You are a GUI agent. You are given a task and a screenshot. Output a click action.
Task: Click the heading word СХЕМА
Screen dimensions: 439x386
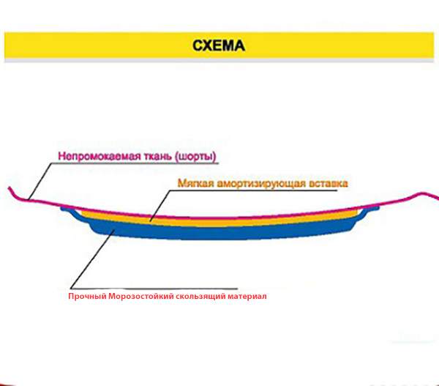click(219, 45)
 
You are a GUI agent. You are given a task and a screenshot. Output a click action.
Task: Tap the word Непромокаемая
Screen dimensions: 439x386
click(100, 156)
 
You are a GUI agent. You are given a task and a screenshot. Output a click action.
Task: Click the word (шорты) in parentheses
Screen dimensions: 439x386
click(195, 157)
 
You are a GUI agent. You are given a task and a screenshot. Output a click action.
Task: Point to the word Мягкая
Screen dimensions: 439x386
click(196, 183)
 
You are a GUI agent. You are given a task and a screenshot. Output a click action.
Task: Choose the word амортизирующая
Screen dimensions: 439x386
click(261, 183)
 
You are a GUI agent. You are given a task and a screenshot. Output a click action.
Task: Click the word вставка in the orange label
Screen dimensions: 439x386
click(328, 183)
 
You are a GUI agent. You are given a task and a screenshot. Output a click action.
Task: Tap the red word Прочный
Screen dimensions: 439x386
click(87, 297)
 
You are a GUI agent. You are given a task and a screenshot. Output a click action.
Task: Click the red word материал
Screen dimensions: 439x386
click(247, 297)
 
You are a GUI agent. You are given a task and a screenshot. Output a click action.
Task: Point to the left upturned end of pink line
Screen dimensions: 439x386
click(9, 188)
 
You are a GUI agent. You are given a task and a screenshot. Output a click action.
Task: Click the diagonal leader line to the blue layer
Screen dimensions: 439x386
click(93, 258)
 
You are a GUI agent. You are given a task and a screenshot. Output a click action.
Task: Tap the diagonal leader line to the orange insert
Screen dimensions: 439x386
click(160, 206)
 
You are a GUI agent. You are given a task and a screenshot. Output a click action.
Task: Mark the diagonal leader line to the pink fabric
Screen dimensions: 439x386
click(40, 181)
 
